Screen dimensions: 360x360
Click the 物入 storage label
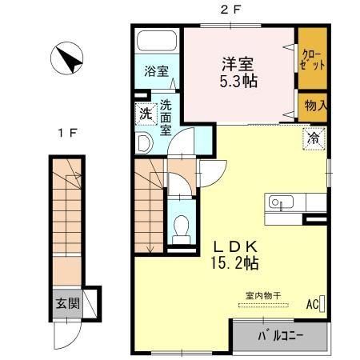(314, 105)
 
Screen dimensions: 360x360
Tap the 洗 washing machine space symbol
(145, 113)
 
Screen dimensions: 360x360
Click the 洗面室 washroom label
(166, 116)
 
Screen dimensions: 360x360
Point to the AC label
(313, 304)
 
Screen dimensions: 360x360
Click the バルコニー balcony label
(280, 334)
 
